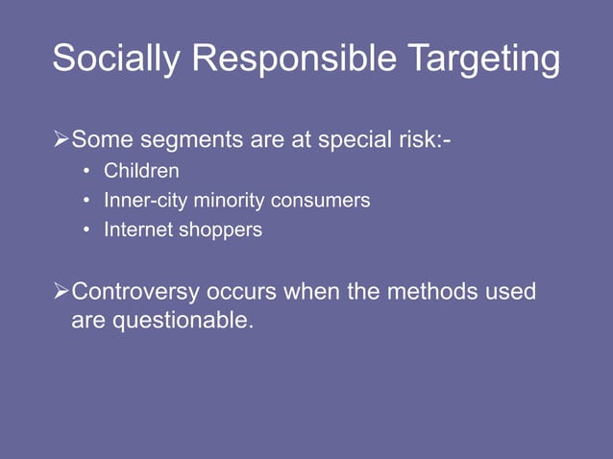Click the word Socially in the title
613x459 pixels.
[116, 60]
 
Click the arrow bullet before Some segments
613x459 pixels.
[61, 142]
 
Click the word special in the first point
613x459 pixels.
[356, 142]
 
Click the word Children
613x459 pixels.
[141, 172]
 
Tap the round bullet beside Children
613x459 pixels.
[86, 173]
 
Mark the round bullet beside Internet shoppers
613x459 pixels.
[86, 231]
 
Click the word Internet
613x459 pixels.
[137, 230]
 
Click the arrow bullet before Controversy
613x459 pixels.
[61, 291]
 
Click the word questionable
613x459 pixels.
[184, 321]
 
